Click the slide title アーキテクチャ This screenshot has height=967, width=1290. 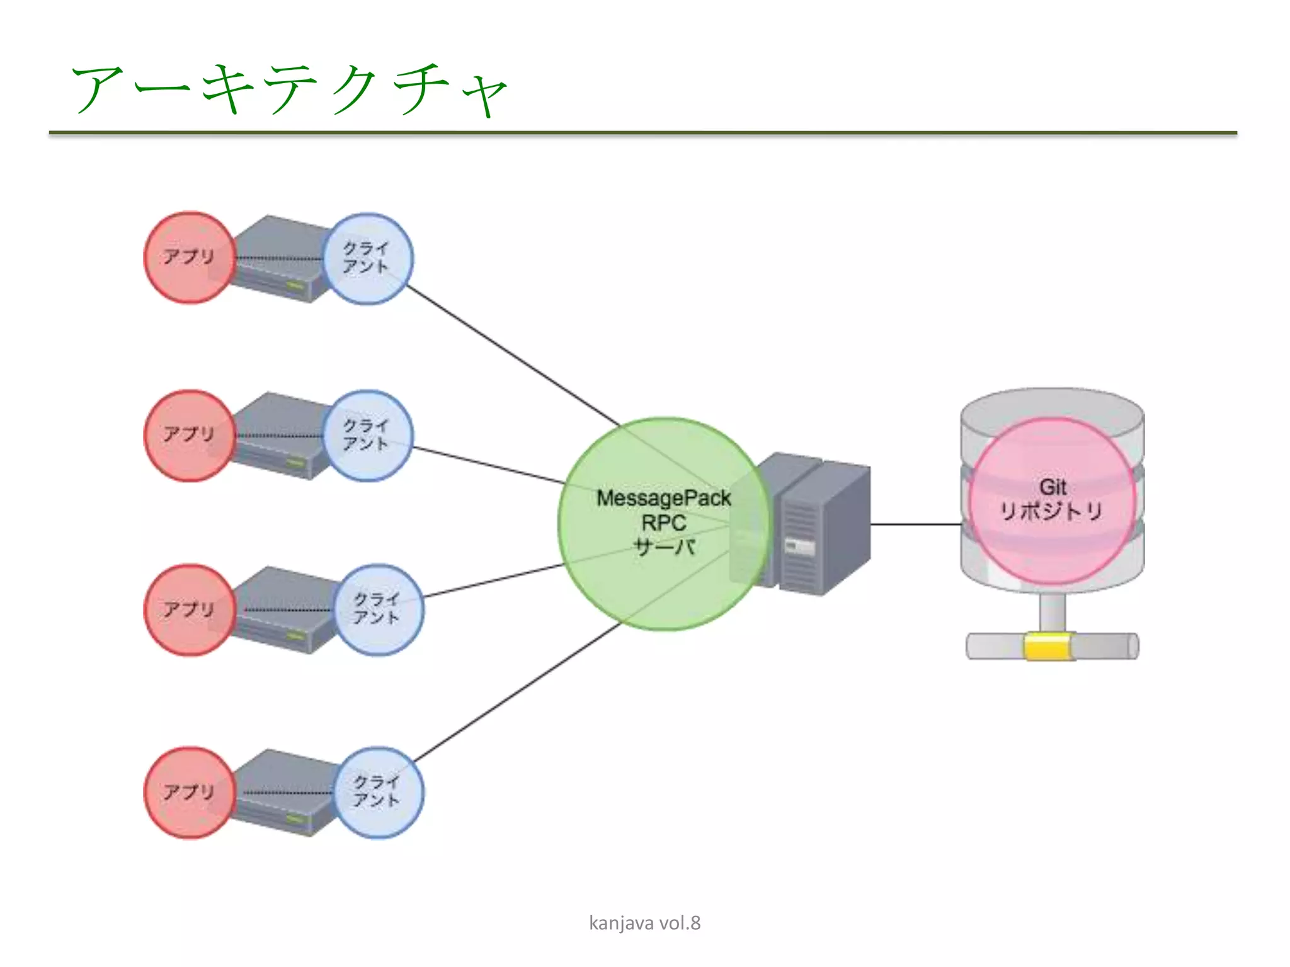coord(290,89)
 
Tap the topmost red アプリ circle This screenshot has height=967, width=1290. coord(190,257)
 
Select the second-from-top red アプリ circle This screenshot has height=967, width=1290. coord(190,435)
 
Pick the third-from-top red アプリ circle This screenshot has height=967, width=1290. coord(190,609)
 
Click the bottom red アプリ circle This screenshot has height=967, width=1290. coord(190,792)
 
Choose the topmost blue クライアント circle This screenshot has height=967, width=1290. coord(368,258)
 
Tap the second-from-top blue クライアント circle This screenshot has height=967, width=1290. coord(368,435)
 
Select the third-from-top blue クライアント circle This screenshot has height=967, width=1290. coord(378,609)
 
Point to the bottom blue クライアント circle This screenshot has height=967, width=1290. coord(378,792)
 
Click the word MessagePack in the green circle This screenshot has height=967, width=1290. coord(663,499)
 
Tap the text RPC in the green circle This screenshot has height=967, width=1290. coord(663,523)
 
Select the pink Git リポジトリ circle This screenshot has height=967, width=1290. coord(1052,500)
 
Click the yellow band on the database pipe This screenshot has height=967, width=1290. coord(1049,647)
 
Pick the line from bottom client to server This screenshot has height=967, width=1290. coord(517,693)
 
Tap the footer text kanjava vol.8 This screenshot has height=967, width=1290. coord(644,923)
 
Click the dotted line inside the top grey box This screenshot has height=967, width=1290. coord(280,258)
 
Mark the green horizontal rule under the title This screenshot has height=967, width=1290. coord(642,133)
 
